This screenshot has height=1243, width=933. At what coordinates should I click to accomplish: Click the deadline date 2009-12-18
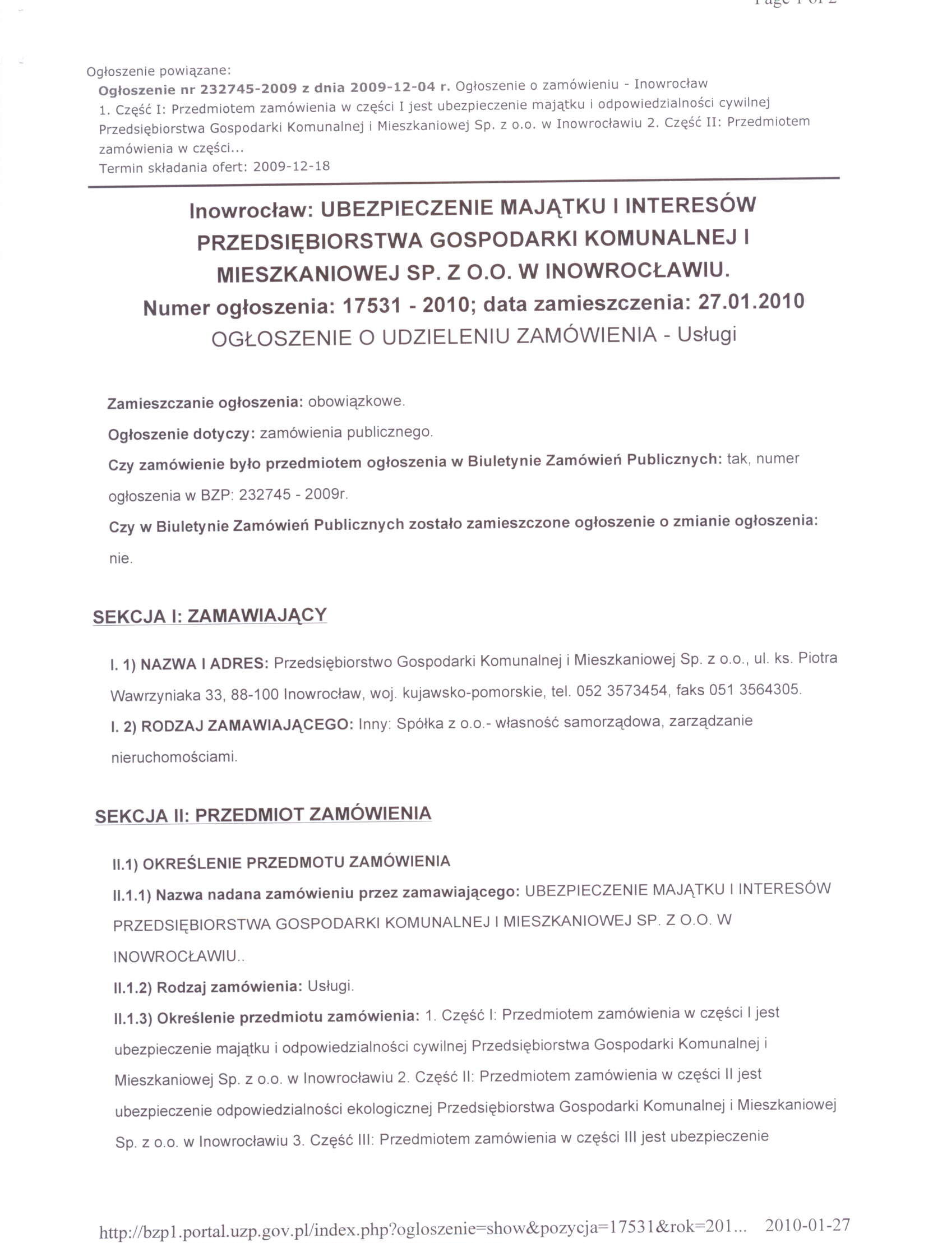[x=291, y=167]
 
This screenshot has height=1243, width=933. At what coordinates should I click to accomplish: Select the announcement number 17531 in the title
[x=372, y=306]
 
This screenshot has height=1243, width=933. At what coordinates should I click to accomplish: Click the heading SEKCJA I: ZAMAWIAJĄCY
[x=210, y=616]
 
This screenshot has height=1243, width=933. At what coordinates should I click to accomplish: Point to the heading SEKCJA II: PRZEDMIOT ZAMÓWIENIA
[x=263, y=815]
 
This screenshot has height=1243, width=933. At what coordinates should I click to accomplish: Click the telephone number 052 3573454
[x=621, y=691]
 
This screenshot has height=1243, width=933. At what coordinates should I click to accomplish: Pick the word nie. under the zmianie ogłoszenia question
[x=121, y=558]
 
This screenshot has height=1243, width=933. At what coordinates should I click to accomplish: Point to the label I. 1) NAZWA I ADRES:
[x=190, y=665]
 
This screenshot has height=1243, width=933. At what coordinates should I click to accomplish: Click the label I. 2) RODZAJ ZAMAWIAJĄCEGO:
[x=232, y=726]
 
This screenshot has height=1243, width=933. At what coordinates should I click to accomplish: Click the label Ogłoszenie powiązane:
[x=159, y=71]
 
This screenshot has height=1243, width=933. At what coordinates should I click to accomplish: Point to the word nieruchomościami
[x=174, y=757]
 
